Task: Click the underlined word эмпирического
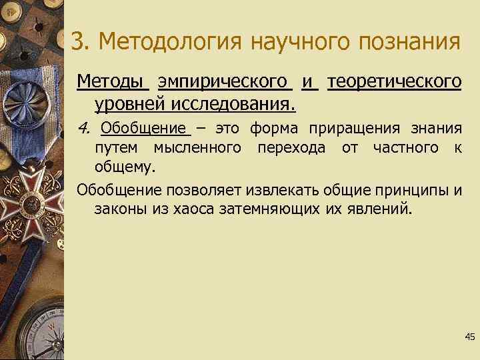tap(224, 82)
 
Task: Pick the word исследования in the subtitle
tap(234, 105)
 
